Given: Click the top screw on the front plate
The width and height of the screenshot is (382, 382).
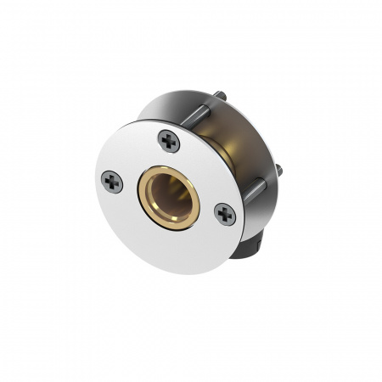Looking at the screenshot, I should (169, 141).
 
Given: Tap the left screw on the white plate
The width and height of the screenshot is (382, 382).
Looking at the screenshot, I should (112, 181).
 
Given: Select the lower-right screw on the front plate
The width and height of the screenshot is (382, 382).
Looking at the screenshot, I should (224, 214).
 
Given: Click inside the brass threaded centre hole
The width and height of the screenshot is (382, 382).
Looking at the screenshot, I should (170, 194).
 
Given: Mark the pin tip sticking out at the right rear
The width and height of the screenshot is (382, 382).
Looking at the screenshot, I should (279, 173).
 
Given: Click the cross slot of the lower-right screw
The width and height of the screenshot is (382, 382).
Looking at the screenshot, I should (224, 214).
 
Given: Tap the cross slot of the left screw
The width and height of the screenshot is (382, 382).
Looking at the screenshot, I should (112, 181).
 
